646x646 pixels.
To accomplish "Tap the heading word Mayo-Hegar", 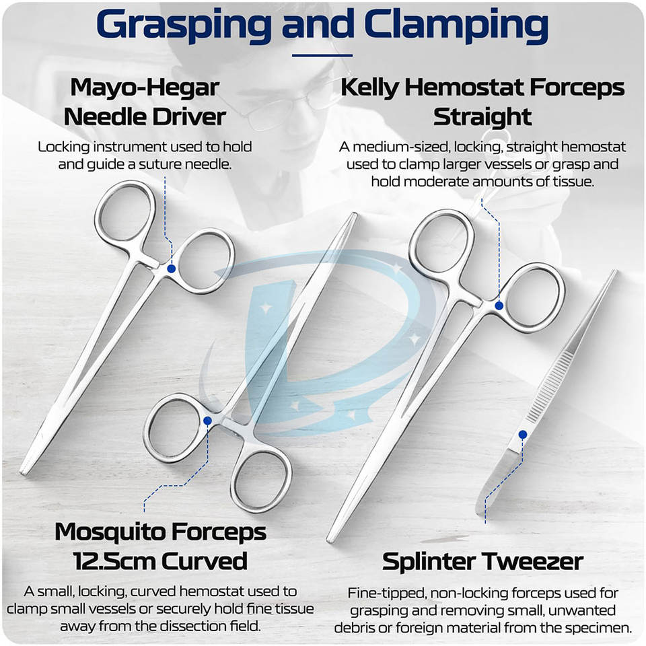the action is click(x=145, y=87).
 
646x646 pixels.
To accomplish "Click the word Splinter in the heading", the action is click(x=433, y=561).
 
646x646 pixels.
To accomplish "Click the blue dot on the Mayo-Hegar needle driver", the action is click(x=171, y=268).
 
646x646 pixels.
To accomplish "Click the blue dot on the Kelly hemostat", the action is click(x=499, y=305).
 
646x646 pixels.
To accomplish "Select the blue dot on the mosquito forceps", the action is click(x=207, y=421).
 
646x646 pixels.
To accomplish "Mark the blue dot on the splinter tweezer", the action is click(x=522, y=435).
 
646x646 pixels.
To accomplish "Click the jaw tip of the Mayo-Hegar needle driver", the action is click(x=24, y=470).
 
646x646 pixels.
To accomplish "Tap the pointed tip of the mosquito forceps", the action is click(x=353, y=216).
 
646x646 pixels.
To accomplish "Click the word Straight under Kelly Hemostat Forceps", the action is click(x=482, y=116).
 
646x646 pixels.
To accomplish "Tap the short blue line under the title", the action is click(x=322, y=55).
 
